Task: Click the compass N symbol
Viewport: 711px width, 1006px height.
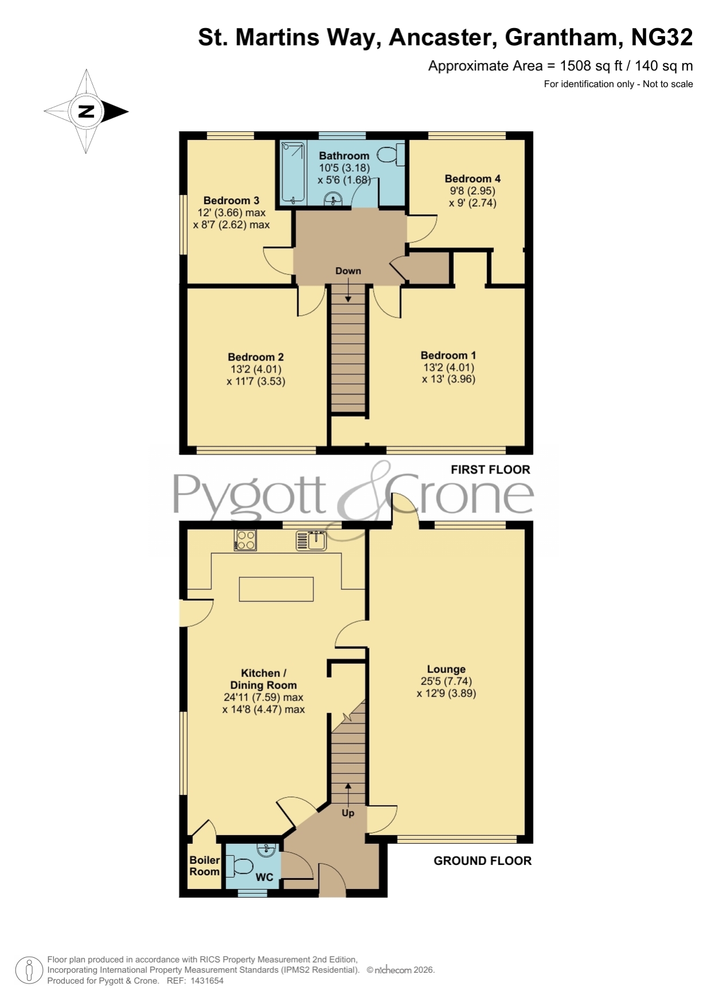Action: click(86, 111)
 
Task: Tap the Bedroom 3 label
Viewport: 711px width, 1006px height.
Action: click(231, 201)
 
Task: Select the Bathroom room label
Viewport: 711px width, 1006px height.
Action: click(344, 156)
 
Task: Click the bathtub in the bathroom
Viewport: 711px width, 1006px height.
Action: click(293, 173)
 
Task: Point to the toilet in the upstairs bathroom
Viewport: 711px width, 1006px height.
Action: click(391, 155)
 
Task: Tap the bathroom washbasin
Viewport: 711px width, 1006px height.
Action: click(333, 199)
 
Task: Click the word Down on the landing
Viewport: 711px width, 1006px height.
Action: click(348, 271)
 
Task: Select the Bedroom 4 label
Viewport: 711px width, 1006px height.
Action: click(473, 179)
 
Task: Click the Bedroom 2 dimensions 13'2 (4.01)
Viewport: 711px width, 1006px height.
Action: click(256, 369)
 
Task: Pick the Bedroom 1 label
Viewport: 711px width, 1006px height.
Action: click(448, 355)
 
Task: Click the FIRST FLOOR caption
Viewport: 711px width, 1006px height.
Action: click(490, 469)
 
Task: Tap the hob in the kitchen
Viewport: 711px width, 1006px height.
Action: click(245, 540)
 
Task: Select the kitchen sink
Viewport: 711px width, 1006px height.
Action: click(311, 540)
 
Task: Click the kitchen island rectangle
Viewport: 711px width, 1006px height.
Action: click(276, 589)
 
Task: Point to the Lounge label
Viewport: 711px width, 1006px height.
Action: click(446, 669)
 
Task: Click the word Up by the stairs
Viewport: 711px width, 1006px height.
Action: click(348, 813)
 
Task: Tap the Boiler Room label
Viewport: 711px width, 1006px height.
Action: click(205, 866)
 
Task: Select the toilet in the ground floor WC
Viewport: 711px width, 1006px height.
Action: click(240, 866)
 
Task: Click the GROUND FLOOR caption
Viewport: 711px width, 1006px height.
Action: click(482, 860)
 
